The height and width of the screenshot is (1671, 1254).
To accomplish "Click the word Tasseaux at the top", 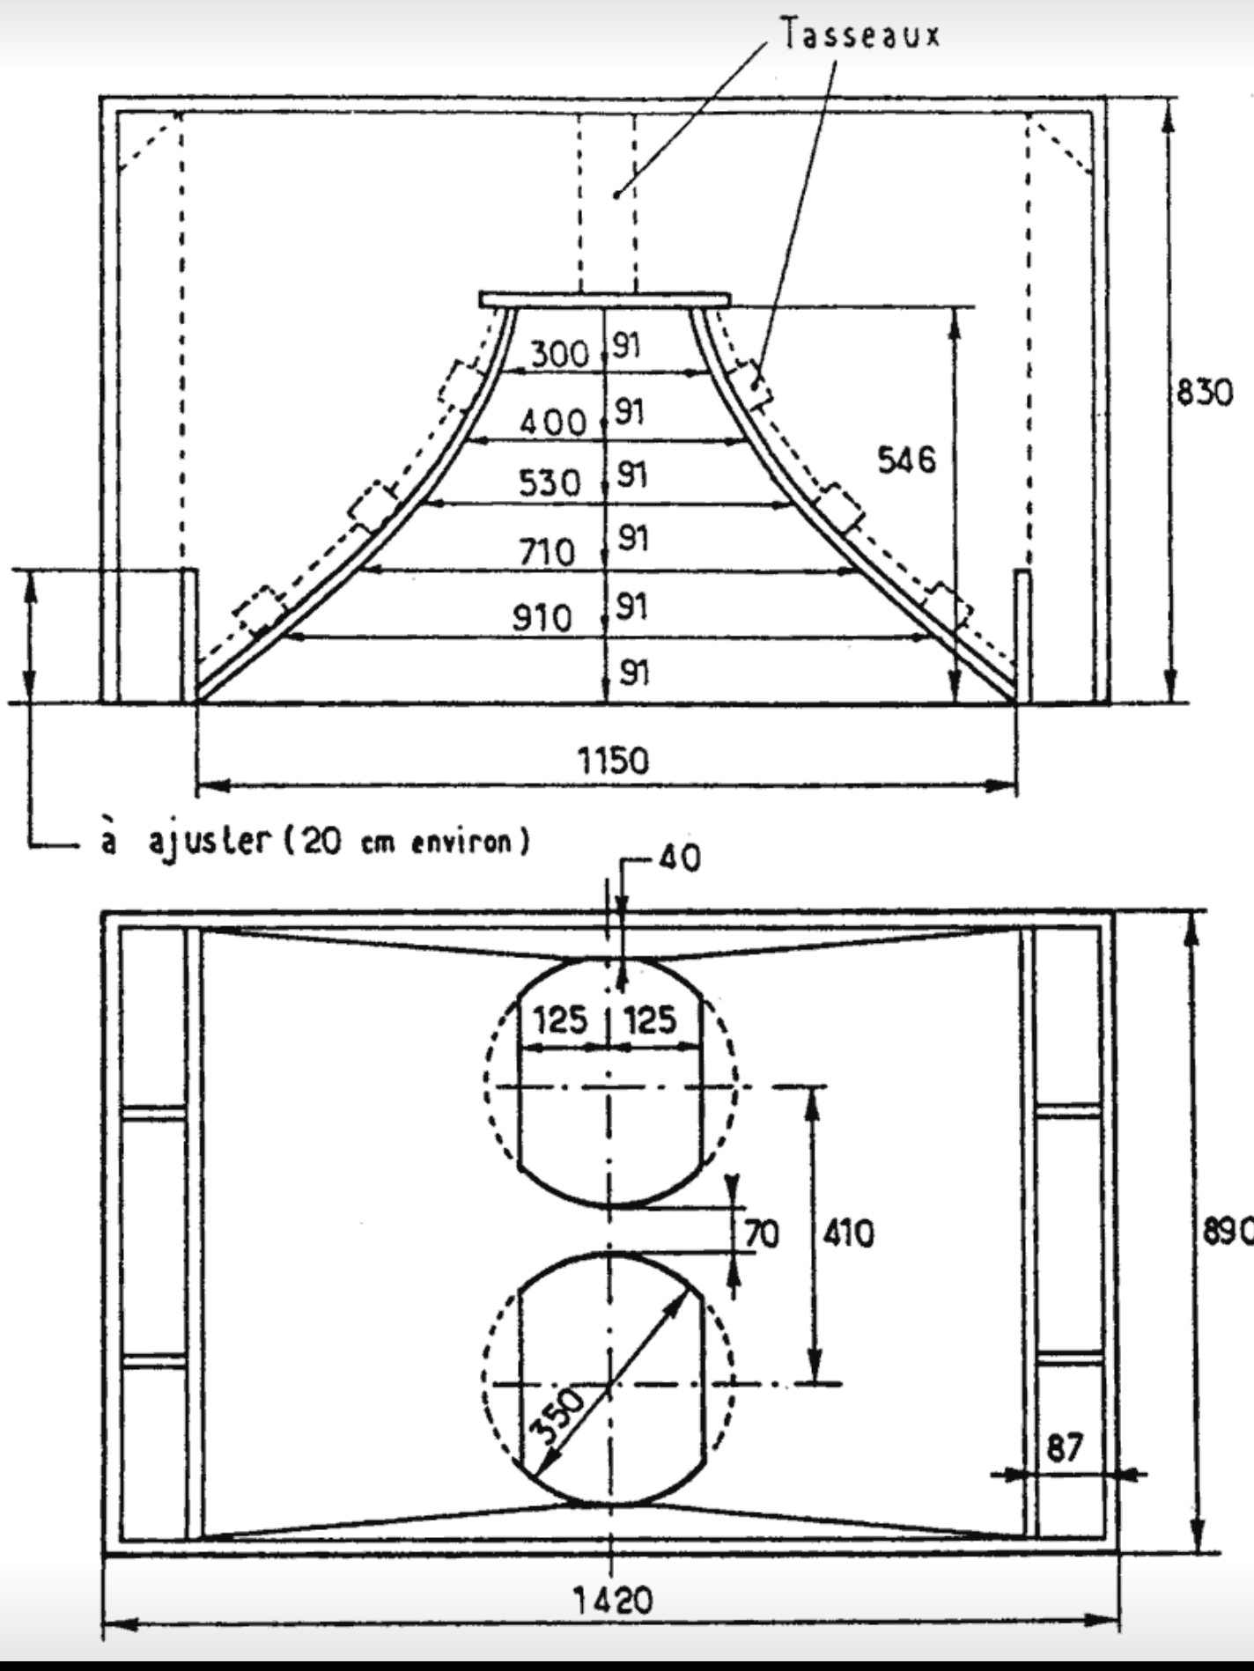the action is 860,34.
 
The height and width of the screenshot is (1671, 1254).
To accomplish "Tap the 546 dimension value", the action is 906,460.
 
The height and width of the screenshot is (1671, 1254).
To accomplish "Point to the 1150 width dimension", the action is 613,759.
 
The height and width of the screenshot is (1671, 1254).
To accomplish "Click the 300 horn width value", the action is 559,354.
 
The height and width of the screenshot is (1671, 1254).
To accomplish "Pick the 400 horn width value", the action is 553,423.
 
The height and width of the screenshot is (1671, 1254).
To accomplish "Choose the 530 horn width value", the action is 550,482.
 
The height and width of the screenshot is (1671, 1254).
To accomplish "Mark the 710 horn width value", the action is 546,552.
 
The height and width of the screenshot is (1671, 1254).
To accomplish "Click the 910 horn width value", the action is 542,618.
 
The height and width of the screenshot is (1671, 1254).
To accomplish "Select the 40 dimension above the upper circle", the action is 679,858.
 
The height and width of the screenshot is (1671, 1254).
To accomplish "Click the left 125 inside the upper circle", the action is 561,1020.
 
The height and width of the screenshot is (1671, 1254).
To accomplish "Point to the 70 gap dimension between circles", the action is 762,1233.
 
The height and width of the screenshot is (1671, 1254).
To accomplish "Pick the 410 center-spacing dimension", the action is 849,1233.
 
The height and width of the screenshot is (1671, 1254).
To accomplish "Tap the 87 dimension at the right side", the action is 1065,1446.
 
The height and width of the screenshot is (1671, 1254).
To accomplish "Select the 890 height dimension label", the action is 1228,1233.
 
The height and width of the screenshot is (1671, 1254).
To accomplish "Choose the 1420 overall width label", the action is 613,1601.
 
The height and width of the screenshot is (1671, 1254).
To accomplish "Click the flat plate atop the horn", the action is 605,300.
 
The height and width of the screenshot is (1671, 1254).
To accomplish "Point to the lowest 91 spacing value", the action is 634,674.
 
